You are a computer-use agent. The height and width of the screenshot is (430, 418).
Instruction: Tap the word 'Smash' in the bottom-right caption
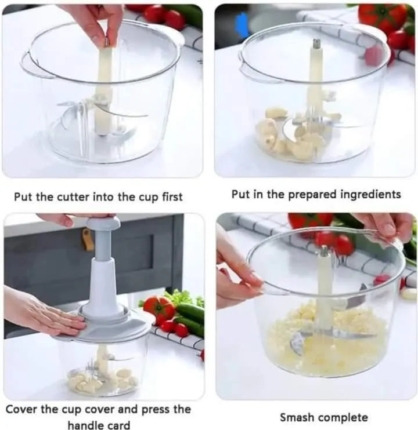click(x=298, y=417)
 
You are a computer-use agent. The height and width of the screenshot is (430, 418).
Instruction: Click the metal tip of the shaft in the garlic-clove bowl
click(x=317, y=44)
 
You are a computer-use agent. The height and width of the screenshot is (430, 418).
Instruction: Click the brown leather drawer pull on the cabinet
click(x=88, y=239)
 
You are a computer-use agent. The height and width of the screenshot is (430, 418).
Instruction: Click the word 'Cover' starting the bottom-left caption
click(x=23, y=409)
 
